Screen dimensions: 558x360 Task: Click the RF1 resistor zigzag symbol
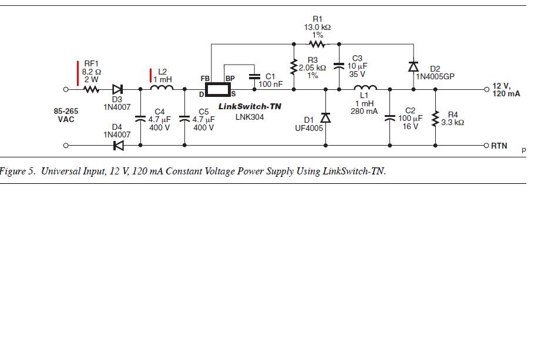[92, 89]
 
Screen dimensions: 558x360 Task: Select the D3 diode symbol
[118, 89]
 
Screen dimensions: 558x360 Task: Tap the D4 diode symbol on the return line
[119, 146]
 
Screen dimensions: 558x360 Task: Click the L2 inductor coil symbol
[162, 88]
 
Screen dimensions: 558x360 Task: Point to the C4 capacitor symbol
[140, 119]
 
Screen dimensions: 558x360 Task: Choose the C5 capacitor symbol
[184, 119]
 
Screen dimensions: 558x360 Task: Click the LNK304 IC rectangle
[218, 89]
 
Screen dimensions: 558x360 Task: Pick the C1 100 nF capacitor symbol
[254, 76]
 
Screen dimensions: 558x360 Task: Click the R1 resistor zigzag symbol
[317, 44]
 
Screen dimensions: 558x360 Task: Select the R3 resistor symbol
[294, 67]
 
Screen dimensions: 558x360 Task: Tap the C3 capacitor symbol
[339, 66]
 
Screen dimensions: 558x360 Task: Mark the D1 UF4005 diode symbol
[325, 117]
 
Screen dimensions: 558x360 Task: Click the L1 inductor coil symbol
[365, 88]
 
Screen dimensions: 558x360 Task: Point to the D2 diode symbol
[413, 66]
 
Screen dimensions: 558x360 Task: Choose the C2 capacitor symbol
[390, 117]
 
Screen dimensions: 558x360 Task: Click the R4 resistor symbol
[435, 119]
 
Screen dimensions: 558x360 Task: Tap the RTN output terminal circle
[486, 146]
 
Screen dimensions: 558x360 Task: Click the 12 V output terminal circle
[487, 89]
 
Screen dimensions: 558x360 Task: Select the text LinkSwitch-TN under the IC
[250, 106]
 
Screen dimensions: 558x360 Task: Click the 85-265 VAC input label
[66, 115]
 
